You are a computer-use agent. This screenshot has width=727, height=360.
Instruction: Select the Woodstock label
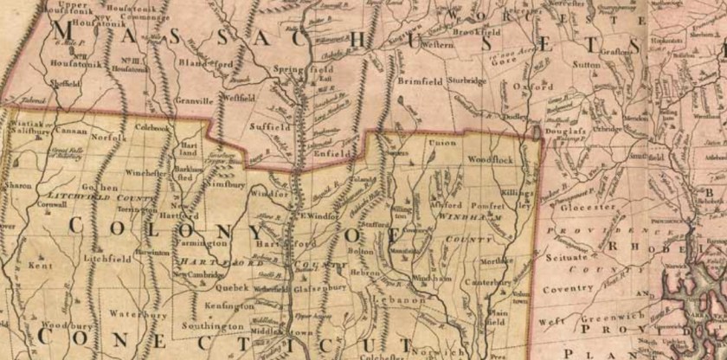(x=491, y=161)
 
